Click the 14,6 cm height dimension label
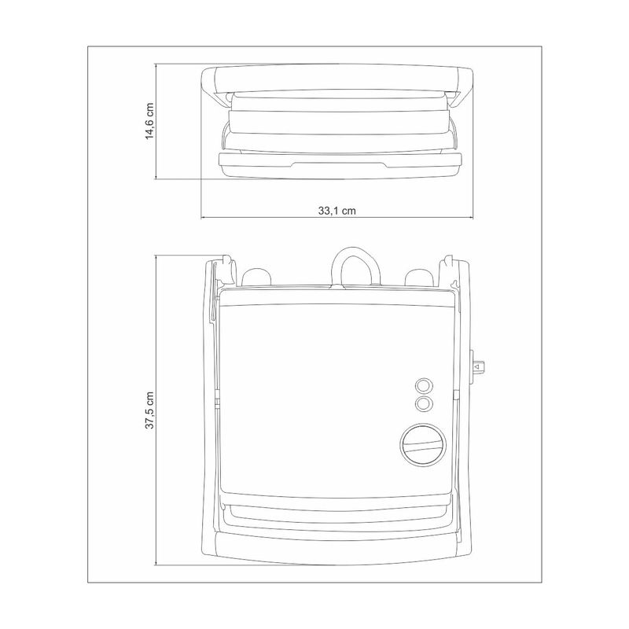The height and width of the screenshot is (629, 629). [x=149, y=121]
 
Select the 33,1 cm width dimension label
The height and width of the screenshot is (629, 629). [x=337, y=211]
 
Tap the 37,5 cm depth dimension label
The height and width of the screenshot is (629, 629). [x=149, y=410]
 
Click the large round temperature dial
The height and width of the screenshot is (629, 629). [x=423, y=444]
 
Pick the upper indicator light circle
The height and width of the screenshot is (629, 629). [x=424, y=386]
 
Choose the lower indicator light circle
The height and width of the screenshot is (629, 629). [x=424, y=403]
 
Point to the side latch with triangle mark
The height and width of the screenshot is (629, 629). [x=477, y=367]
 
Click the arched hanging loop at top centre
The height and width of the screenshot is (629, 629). [x=356, y=264]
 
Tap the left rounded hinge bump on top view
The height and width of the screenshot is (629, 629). [x=256, y=278]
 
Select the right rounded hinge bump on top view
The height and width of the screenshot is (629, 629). [x=420, y=278]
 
